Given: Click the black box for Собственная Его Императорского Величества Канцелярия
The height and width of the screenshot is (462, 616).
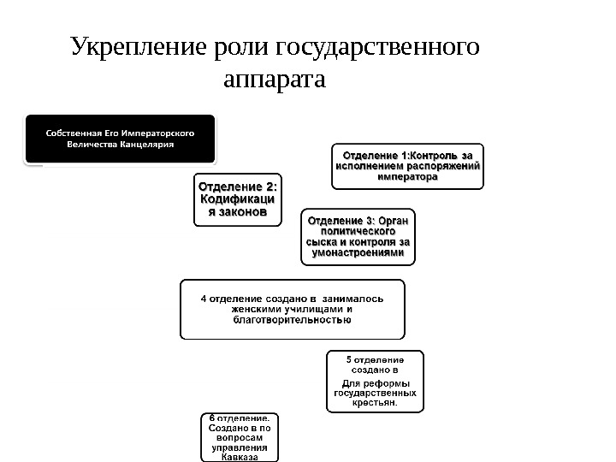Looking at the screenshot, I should pyautogui.click(x=120, y=139).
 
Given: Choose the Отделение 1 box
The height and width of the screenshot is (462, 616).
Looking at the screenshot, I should pyautogui.click(x=406, y=166).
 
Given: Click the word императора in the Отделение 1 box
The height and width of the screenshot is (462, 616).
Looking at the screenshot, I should pyautogui.click(x=407, y=177).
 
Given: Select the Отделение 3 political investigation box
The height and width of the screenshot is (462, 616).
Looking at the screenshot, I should pyautogui.click(x=358, y=236).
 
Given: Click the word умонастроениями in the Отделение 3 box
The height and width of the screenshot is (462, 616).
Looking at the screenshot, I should pyautogui.click(x=358, y=252).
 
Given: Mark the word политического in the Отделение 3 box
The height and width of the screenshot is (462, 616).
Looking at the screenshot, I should pyautogui.click(x=358, y=231).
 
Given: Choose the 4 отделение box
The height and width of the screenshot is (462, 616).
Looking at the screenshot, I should pyautogui.click(x=292, y=309).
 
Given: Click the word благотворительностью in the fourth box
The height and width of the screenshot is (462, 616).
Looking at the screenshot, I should pyautogui.click(x=292, y=320).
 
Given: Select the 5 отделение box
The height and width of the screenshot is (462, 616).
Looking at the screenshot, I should pyautogui.click(x=375, y=381).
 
